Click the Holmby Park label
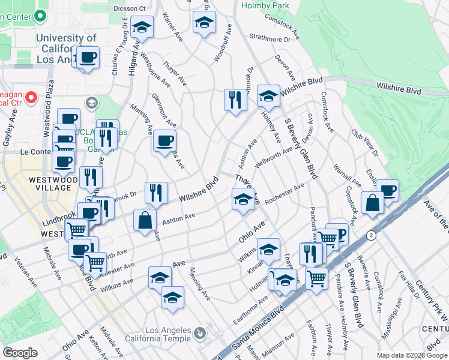point(265,5)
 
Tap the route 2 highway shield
point(372,236)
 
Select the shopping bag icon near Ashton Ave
point(145,220)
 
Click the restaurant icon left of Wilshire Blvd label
point(156,193)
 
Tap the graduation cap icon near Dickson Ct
point(142,26)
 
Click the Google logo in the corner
point(20,353)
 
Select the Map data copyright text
point(412,355)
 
